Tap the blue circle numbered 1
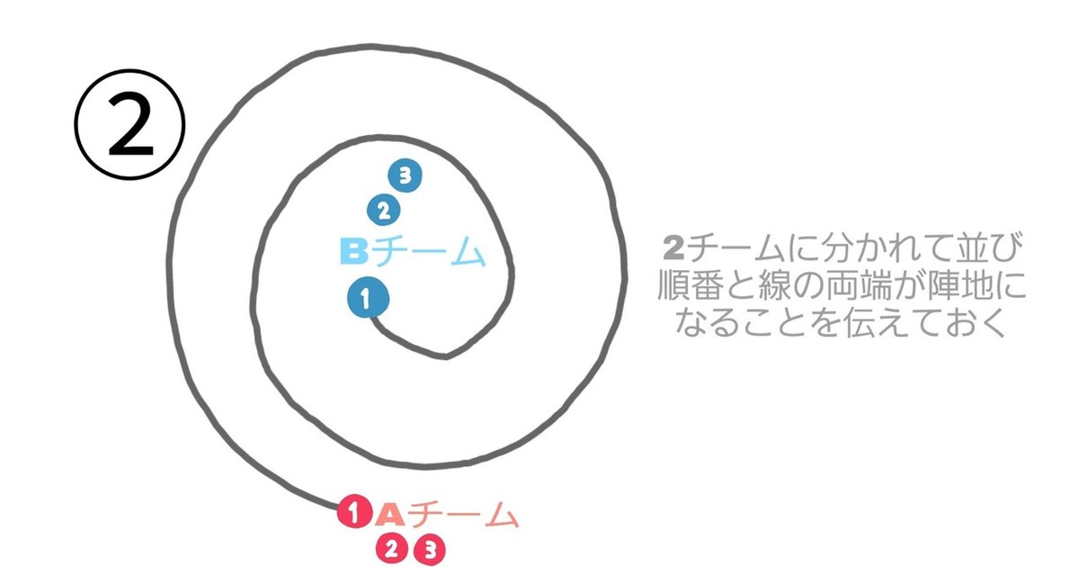[x=368, y=298]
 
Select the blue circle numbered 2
[x=383, y=211]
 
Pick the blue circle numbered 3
[x=406, y=175]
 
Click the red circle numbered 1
[x=354, y=511]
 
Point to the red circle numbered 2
[x=392, y=549]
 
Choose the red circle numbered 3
[x=430, y=550]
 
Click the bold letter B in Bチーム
[x=354, y=251]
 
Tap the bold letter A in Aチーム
[x=390, y=514]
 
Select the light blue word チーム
[x=428, y=251]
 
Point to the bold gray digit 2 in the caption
[x=673, y=247]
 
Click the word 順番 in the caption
[x=691, y=285]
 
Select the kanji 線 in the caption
[x=774, y=285]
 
